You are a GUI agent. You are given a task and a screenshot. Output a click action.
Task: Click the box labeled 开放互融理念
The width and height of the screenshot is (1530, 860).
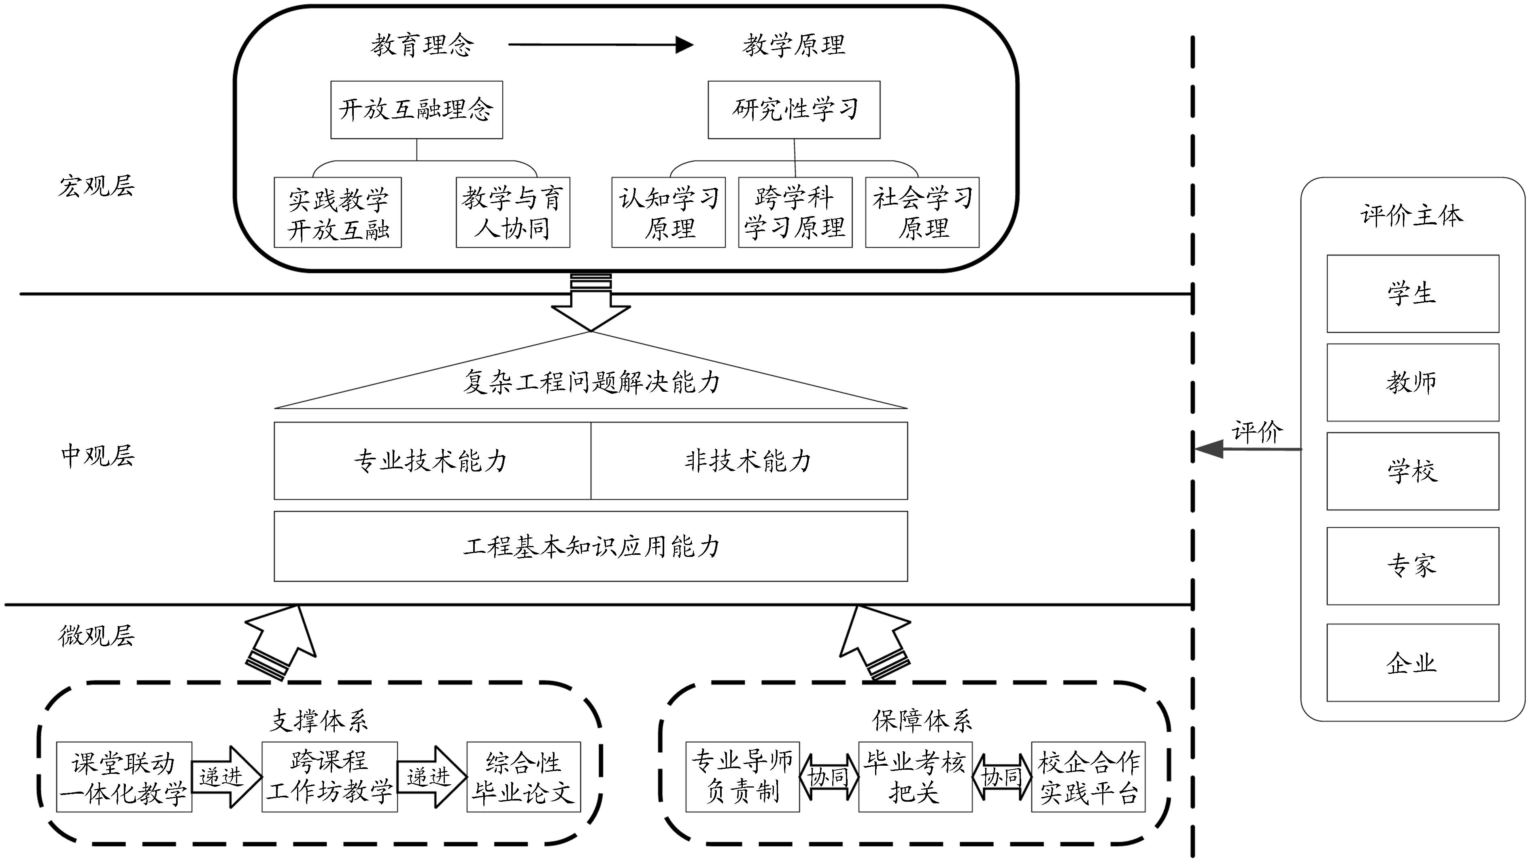point(416,110)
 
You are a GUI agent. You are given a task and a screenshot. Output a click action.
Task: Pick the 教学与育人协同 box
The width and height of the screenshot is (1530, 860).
point(512,212)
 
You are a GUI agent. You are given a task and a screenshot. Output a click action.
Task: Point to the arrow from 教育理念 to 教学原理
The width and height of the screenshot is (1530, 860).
point(600,45)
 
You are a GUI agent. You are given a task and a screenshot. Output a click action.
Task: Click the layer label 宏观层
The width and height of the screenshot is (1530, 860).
point(96,186)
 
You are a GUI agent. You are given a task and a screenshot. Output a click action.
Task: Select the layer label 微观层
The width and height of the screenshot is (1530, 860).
point(96,635)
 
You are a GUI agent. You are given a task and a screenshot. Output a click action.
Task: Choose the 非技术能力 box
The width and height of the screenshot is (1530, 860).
point(749,461)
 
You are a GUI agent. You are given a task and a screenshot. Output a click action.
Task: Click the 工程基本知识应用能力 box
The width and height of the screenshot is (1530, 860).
point(591,546)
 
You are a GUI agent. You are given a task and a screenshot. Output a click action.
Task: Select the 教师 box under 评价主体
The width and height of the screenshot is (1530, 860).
point(1412,382)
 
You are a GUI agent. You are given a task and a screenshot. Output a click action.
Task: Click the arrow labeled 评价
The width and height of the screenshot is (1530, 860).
point(1247,449)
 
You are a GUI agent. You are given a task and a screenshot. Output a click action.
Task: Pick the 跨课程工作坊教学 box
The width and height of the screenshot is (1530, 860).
point(329,777)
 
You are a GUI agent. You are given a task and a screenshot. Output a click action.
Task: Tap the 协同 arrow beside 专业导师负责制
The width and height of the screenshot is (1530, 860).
point(829,777)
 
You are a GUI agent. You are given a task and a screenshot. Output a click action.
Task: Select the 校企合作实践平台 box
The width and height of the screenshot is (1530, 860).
point(1088,777)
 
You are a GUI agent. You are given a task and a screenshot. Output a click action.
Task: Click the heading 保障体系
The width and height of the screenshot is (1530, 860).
point(921,720)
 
